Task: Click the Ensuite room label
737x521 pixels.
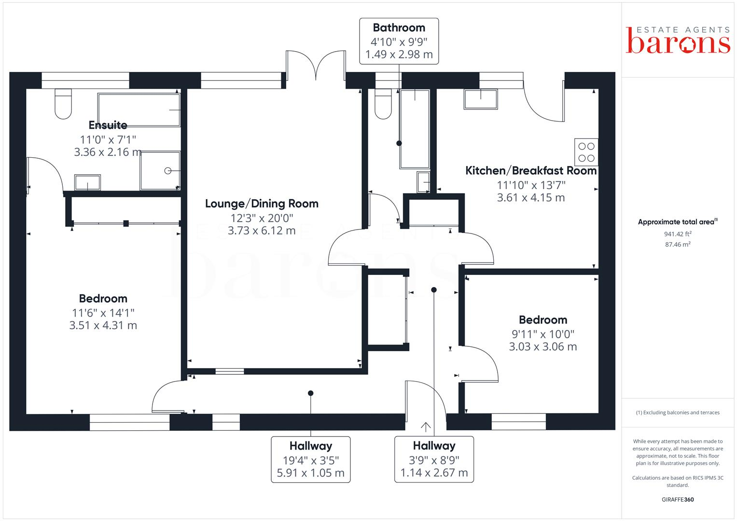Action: (x=108, y=125)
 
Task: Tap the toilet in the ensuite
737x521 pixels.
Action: (x=63, y=104)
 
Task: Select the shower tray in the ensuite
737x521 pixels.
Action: (x=160, y=171)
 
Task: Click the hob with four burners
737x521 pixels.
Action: (x=586, y=152)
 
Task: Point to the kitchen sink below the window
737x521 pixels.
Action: (x=481, y=99)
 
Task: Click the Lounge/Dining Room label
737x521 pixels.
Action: (x=262, y=204)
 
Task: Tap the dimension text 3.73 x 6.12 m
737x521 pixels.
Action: (x=262, y=231)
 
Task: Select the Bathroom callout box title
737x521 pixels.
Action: (x=399, y=28)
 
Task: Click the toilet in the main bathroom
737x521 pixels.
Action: (x=384, y=104)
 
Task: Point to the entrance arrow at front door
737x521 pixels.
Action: (x=426, y=426)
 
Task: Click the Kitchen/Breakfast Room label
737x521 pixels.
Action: (x=531, y=171)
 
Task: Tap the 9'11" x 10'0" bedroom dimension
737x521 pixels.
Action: (x=543, y=334)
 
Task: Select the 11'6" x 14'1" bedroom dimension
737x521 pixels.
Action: (x=103, y=313)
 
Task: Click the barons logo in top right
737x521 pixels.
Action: (x=678, y=41)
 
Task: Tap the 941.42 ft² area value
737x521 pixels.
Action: (x=678, y=234)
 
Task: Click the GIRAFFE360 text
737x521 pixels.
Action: (x=678, y=499)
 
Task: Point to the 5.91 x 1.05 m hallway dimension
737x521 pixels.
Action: (x=310, y=473)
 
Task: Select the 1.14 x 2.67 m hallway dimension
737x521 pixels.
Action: (x=434, y=473)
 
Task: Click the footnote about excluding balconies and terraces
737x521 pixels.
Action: (x=678, y=412)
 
